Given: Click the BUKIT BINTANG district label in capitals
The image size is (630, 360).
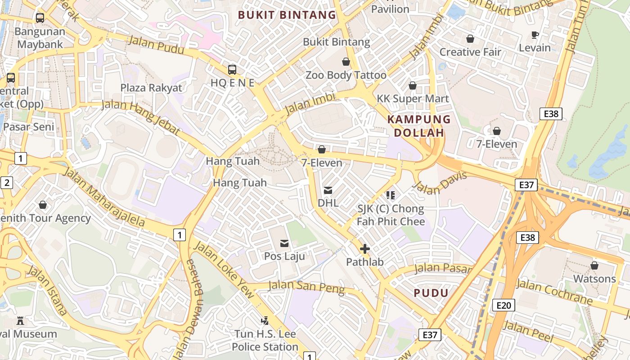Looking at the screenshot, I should click(x=287, y=15).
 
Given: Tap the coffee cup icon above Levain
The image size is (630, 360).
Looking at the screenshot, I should click(x=535, y=35).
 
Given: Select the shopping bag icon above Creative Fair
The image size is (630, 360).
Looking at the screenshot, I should click(x=470, y=39).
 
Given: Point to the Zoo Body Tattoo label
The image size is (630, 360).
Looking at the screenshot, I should click(x=346, y=75).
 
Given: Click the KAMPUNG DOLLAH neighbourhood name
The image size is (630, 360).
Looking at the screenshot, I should click(x=419, y=126).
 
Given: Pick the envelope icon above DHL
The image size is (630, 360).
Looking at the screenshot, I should click(x=328, y=190).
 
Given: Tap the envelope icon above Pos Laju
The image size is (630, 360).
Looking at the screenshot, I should click(x=284, y=243).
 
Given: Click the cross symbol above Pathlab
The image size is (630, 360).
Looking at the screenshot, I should click(x=364, y=249).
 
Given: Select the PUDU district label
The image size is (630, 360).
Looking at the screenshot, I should click(x=431, y=293).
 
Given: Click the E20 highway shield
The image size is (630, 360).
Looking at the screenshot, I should click(x=503, y=305).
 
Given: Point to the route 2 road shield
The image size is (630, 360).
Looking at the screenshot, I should click(x=7, y=183).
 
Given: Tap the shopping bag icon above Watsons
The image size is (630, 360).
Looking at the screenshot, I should click(x=594, y=265).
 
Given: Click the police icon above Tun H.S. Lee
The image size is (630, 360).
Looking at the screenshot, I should click(x=265, y=321).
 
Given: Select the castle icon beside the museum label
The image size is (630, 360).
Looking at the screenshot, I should click(x=20, y=321).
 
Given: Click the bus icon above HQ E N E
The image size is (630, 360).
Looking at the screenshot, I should click(x=232, y=69).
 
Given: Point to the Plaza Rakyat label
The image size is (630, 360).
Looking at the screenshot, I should click(x=151, y=87).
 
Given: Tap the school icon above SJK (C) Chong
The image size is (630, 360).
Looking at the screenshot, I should click(x=390, y=195).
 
